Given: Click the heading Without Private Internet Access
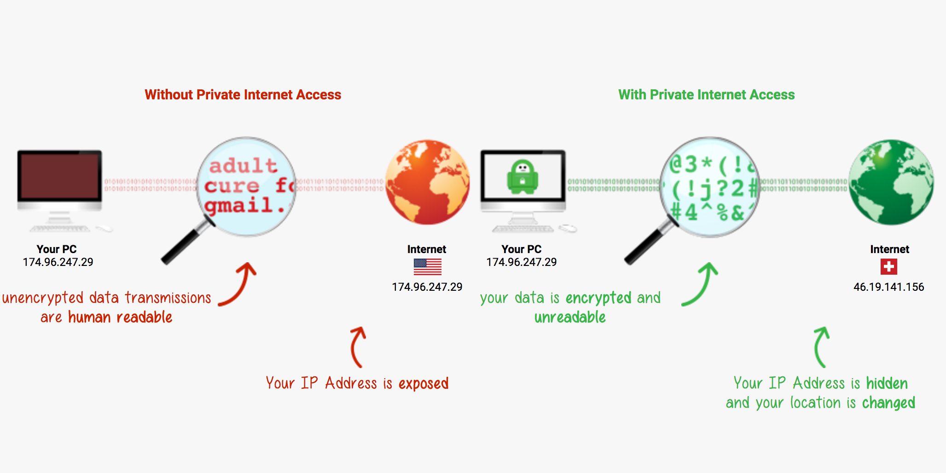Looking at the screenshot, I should (x=243, y=95).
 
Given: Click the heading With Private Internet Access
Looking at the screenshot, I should (x=706, y=95).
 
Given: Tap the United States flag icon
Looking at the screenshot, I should (x=427, y=267).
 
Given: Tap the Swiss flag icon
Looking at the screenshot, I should (x=888, y=267).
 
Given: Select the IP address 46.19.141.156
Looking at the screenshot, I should (x=888, y=287).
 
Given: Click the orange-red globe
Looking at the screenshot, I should (x=427, y=182).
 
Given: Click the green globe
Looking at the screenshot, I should (x=891, y=182).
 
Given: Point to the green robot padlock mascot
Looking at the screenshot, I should (x=522, y=177).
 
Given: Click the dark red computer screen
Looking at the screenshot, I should (x=59, y=176).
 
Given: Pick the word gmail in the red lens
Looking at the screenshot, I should (x=239, y=205).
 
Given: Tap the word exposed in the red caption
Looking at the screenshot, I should (x=423, y=384).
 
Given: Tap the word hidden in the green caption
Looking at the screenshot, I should (x=887, y=384).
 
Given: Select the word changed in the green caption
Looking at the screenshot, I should (x=888, y=403).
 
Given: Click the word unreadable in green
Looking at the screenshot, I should (x=570, y=317).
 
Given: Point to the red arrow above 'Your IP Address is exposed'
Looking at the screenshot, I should (x=358, y=346).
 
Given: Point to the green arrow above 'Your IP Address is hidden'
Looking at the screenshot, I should (x=821, y=346).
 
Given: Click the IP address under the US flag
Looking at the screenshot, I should (x=427, y=287).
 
